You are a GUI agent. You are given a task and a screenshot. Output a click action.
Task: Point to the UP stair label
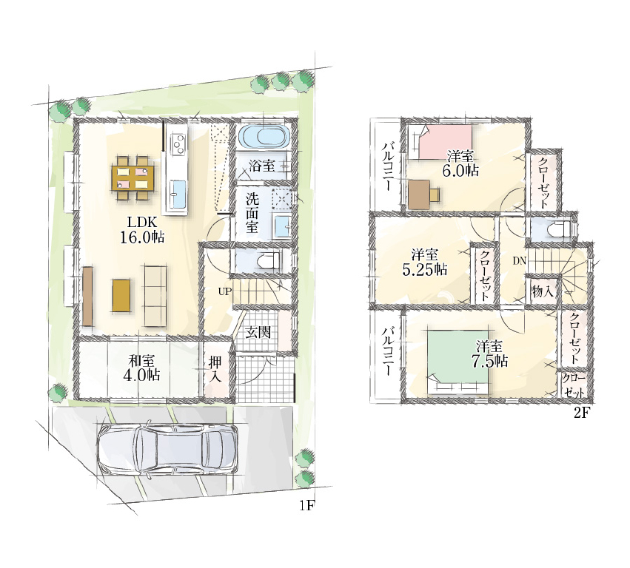(x=225, y=291)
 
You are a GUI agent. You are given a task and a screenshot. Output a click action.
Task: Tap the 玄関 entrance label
(x=258, y=332)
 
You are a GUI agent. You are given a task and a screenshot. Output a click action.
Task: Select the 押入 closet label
(x=215, y=369)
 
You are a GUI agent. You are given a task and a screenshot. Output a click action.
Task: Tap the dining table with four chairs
(x=133, y=177)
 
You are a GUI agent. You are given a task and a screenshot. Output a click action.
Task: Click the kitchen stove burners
(x=178, y=143)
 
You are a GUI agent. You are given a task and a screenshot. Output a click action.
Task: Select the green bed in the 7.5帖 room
(x=458, y=360)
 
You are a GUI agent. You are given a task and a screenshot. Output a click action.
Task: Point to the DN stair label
(x=519, y=260)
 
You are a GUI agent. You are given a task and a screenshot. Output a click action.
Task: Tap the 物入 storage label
(x=543, y=291)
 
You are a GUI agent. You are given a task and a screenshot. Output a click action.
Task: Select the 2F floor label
(x=581, y=413)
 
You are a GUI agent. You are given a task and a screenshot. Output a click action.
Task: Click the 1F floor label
(x=306, y=506)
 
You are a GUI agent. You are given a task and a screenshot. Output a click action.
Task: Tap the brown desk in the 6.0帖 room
(x=424, y=195)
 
